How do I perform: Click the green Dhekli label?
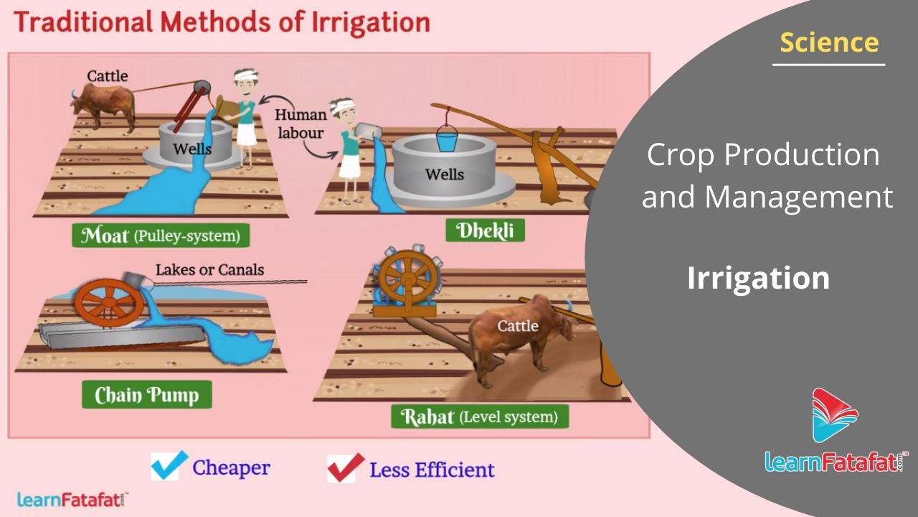486,230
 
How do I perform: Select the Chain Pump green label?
147,394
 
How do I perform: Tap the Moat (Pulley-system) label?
161,235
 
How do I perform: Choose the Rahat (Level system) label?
480,416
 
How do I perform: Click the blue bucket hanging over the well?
447,139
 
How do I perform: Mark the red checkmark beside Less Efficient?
346,467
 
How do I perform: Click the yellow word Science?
829,42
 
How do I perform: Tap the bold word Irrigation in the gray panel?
758,278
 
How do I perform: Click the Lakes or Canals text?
210,269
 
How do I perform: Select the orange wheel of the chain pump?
109,303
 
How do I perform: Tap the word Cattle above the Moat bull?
108,76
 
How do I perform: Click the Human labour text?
301,124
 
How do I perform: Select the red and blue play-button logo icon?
835,415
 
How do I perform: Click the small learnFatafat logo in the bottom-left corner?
72,499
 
